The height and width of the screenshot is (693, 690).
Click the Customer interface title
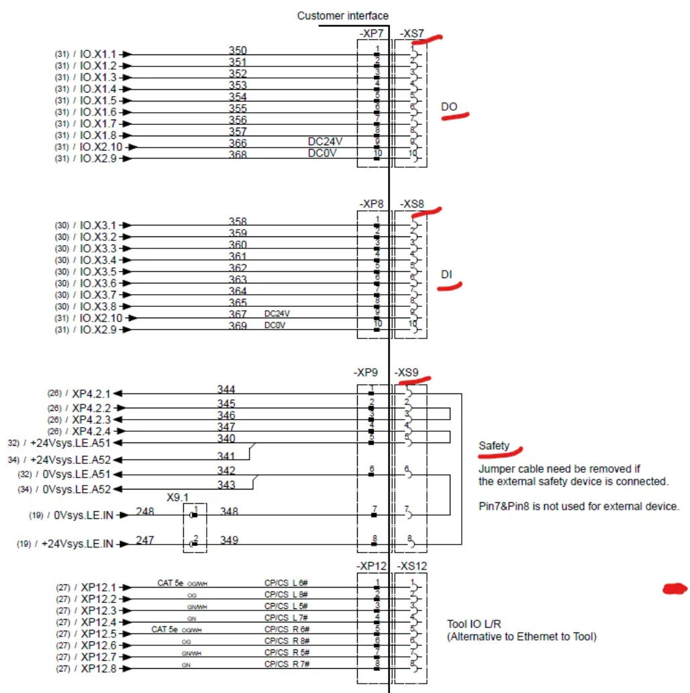coord(342,15)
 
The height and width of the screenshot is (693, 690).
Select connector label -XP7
coord(371,33)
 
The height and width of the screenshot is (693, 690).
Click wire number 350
coord(238,51)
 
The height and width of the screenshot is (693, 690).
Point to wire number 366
coord(238,143)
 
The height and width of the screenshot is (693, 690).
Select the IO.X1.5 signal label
coord(98,101)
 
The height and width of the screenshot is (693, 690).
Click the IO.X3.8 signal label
coord(98,306)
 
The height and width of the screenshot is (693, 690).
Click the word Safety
coord(494,446)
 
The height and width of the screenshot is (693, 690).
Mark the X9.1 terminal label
coord(178,498)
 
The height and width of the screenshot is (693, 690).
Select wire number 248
coord(146,512)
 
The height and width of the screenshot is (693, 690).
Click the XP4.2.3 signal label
coord(91,420)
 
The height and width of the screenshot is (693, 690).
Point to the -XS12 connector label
coord(411,567)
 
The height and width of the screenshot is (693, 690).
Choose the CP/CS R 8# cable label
coord(286,641)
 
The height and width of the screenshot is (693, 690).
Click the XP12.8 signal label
coord(99,669)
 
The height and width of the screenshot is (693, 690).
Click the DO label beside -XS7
coord(449,107)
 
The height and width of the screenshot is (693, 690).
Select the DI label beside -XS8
coord(446,274)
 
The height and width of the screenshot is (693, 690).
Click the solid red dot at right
coord(675,589)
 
